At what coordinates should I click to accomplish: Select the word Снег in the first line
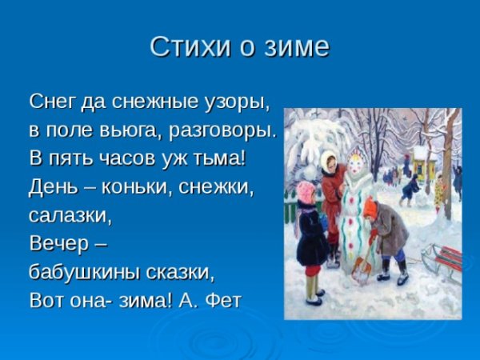51,102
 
